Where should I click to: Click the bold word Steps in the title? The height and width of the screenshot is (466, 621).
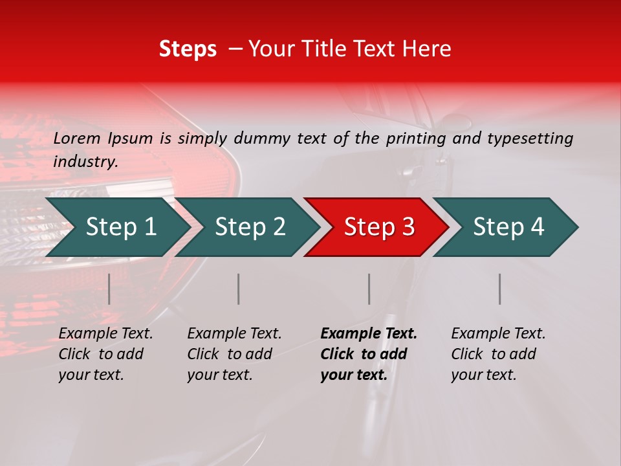pos(188,49)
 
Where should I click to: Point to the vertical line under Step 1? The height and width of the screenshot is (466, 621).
pos(109,289)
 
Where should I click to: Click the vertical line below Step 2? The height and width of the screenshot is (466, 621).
pos(239,289)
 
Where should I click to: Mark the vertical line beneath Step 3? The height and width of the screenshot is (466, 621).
pos(369,289)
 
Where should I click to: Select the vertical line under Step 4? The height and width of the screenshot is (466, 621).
pos(500,289)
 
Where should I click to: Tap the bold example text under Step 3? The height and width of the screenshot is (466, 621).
pos(368,354)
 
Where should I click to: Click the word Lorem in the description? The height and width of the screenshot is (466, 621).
pos(77,138)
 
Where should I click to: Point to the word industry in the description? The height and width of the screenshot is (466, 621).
pos(85,162)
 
